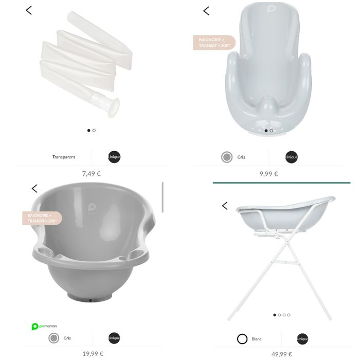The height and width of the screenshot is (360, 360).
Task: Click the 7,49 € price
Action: (x=91, y=173)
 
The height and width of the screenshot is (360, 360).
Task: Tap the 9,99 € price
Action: (x=268, y=174)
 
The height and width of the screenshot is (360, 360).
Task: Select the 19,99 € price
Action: (x=93, y=353)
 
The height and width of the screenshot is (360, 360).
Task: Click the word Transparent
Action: (x=64, y=157)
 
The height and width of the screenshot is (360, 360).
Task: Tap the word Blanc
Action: (x=257, y=339)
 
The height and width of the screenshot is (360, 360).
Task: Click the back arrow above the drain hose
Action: (x=29, y=10)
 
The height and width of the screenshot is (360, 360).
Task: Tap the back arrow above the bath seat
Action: (x=206, y=11)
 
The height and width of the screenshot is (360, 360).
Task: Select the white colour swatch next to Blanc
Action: (x=242, y=339)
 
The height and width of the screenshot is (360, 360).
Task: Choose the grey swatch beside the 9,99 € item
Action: (x=227, y=157)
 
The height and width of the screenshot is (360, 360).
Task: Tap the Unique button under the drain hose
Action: (x=114, y=157)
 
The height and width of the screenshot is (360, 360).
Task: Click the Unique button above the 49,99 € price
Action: (x=302, y=339)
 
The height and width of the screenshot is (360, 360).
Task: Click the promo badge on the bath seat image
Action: (x=213, y=43)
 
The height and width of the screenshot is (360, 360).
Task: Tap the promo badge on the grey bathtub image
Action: (x=42, y=218)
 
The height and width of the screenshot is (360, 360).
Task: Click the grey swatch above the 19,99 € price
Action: (x=53, y=338)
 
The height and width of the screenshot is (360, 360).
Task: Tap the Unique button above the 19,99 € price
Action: (x=114, y=338)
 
